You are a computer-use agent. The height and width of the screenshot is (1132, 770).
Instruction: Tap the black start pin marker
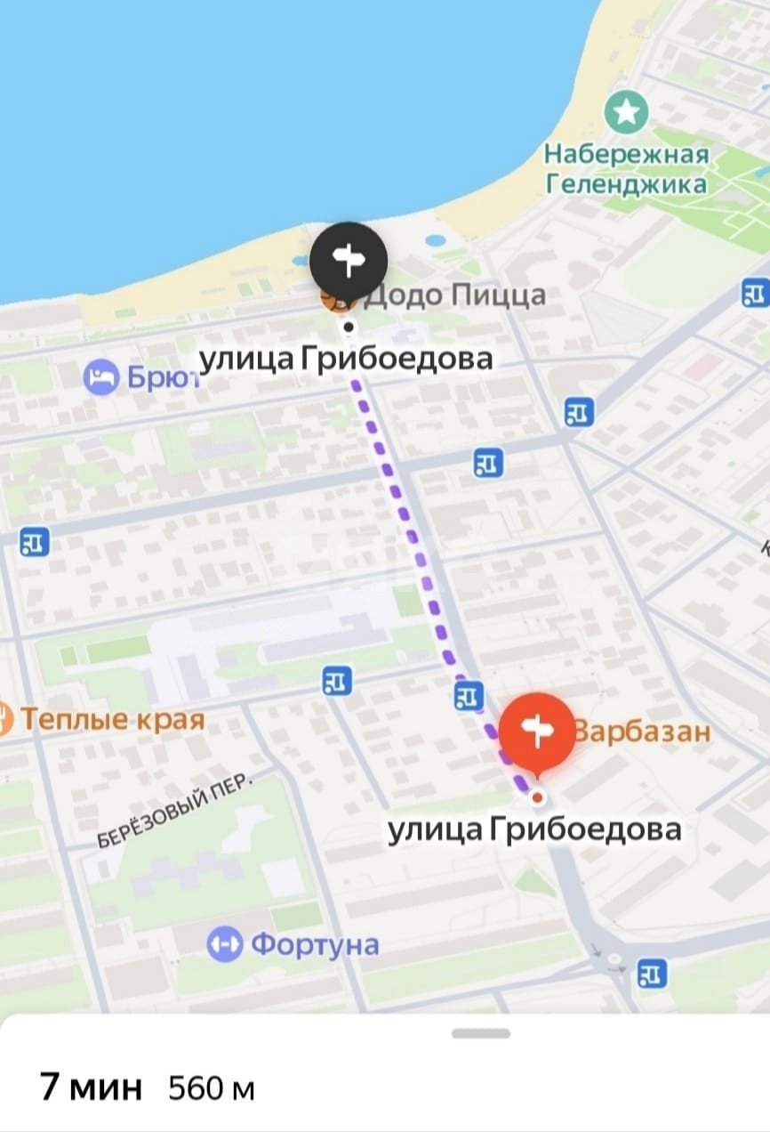coord(349,260)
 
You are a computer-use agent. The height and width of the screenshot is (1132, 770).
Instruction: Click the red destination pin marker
coord(536,732)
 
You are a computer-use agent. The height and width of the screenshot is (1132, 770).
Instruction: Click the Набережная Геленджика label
coord(627,169)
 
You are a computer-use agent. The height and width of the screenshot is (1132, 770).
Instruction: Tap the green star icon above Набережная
coord(627,112)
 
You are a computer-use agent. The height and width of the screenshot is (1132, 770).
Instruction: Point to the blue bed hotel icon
coord(100,378)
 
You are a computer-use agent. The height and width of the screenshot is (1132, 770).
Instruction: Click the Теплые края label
coord(112,719)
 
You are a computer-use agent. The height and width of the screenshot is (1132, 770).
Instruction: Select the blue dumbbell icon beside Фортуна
coord(224,944)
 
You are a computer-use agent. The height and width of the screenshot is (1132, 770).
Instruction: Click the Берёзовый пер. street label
coord(175,810)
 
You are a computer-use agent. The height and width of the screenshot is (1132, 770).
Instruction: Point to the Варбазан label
coord(642,732)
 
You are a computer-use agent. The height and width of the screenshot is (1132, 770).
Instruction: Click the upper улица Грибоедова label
coord(345,359)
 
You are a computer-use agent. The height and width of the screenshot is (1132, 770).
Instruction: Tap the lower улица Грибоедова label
coord(534,829)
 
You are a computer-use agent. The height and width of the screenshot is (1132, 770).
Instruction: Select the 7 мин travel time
coord(91,1087)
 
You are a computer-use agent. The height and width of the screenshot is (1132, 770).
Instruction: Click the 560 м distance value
coord(212,1088)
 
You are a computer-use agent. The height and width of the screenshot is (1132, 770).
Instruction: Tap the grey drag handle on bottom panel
coord(480,1033)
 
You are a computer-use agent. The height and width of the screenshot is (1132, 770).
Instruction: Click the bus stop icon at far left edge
coord(34,542)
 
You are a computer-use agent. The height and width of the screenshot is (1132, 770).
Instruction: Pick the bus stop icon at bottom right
coord(652,974)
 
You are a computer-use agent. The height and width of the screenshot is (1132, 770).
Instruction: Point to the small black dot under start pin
coord(349,327)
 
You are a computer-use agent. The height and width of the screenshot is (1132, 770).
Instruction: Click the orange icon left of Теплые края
coord(4,718)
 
